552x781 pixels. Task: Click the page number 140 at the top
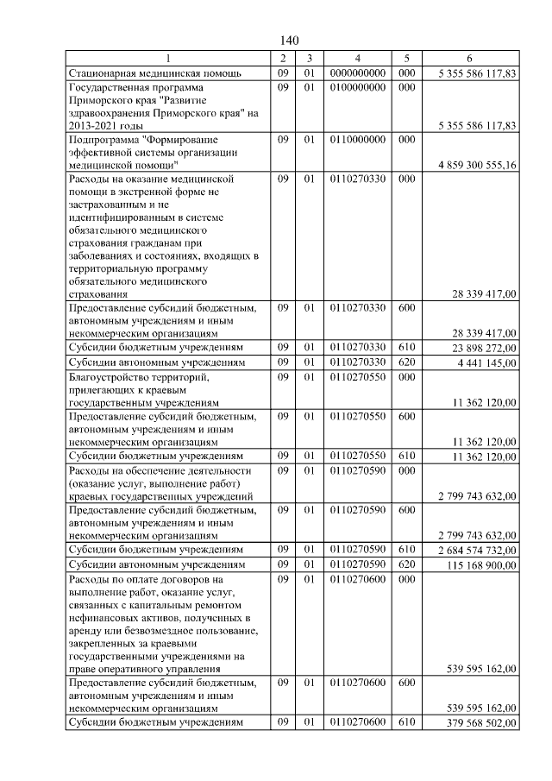289,41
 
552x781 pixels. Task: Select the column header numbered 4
357,58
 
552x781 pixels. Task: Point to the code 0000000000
357,73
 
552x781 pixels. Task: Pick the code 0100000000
357,87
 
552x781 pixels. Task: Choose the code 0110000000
357,139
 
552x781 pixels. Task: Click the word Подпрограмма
103,139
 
